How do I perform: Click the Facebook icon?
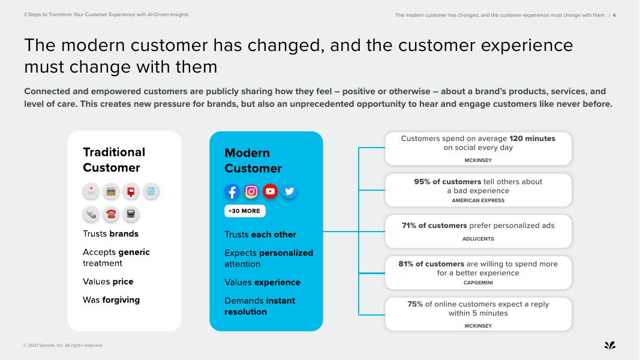[x=232, y=191]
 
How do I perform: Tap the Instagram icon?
[x=251, y=191]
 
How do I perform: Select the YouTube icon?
[x=270, y=191]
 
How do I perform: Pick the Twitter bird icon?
[x=289, y=191]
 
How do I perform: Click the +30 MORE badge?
[x=245, y=211]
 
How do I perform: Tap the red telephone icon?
[x=110, y=214]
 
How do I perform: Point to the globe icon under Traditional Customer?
[x=151, y=191]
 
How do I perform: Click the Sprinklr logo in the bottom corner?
[x=610, y=346]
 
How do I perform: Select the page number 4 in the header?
[x=614, y=16]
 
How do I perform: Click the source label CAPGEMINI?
[x=478, y=283]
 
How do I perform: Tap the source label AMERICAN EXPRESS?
[x=478, y=200]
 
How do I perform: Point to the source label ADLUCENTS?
[x=478, y=239]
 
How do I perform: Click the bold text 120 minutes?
[x=532, y=139]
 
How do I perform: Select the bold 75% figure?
[x=415, y=304]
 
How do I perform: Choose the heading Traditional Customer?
[x=114, y=160]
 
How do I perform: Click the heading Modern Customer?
[x=253, y=160]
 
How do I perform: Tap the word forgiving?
[x=121, y=300]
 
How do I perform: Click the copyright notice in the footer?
[x=63, y=346]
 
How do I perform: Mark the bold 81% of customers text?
[x=431, y=263]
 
